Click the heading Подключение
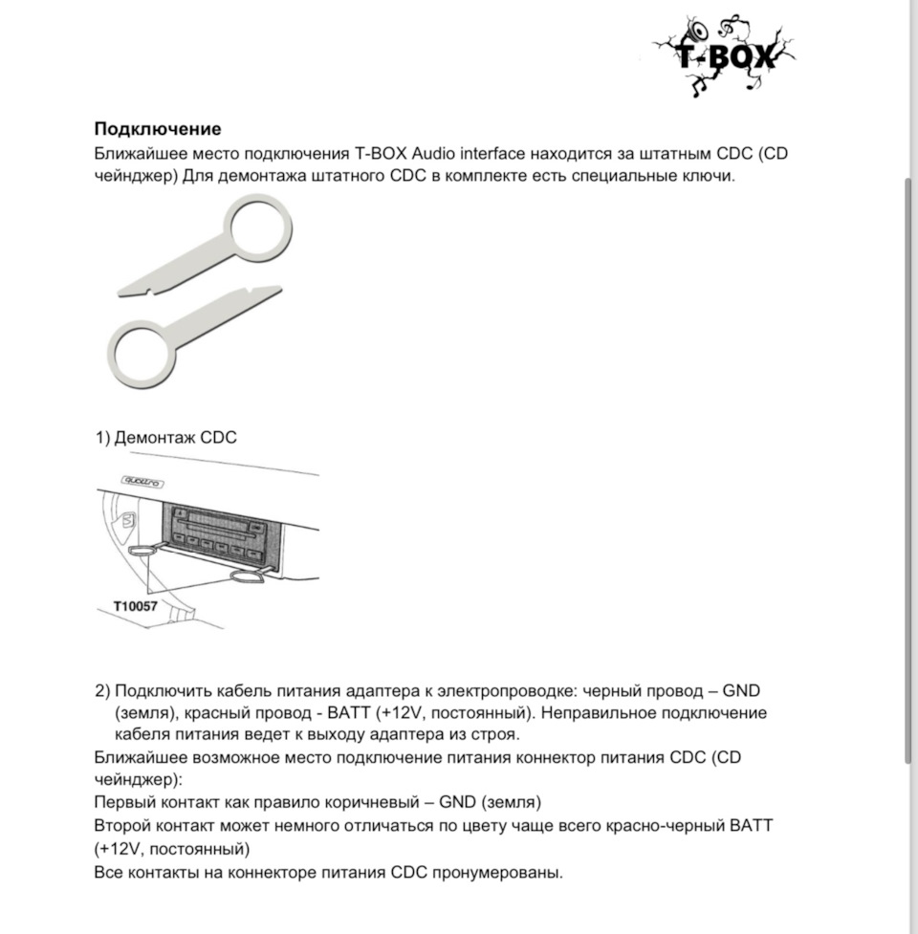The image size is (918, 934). (158, 129)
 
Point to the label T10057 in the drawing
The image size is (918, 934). (136, 606)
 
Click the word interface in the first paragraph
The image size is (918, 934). (503, 154)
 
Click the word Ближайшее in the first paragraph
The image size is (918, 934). (138, 154)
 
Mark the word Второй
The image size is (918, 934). (122, 825)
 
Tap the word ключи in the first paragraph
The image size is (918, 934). (709, 178)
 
